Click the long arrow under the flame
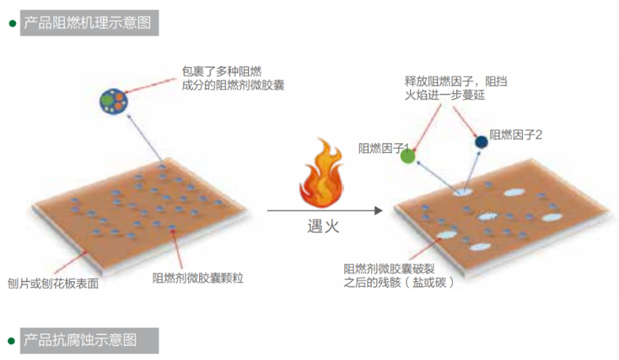[324, 211]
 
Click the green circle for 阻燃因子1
[407, 155]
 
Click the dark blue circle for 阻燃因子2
[480, 142]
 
